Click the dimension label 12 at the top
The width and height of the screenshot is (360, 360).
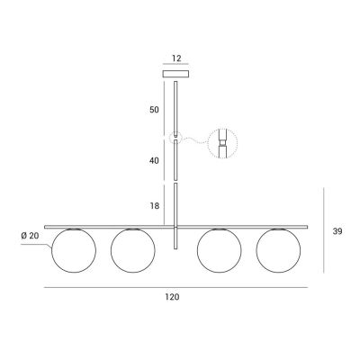tap(176, 58)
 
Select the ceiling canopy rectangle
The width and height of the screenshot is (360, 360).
tap(175, 74)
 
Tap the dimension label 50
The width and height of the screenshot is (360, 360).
tap(154, 110)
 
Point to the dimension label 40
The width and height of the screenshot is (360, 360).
tap(154, 161)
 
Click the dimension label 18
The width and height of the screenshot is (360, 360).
tap(155, 206)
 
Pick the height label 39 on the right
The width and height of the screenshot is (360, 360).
tap(337, 231)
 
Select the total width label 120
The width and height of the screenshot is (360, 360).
tap(172, 297)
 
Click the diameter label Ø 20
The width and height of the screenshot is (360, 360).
tap(30, 236)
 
